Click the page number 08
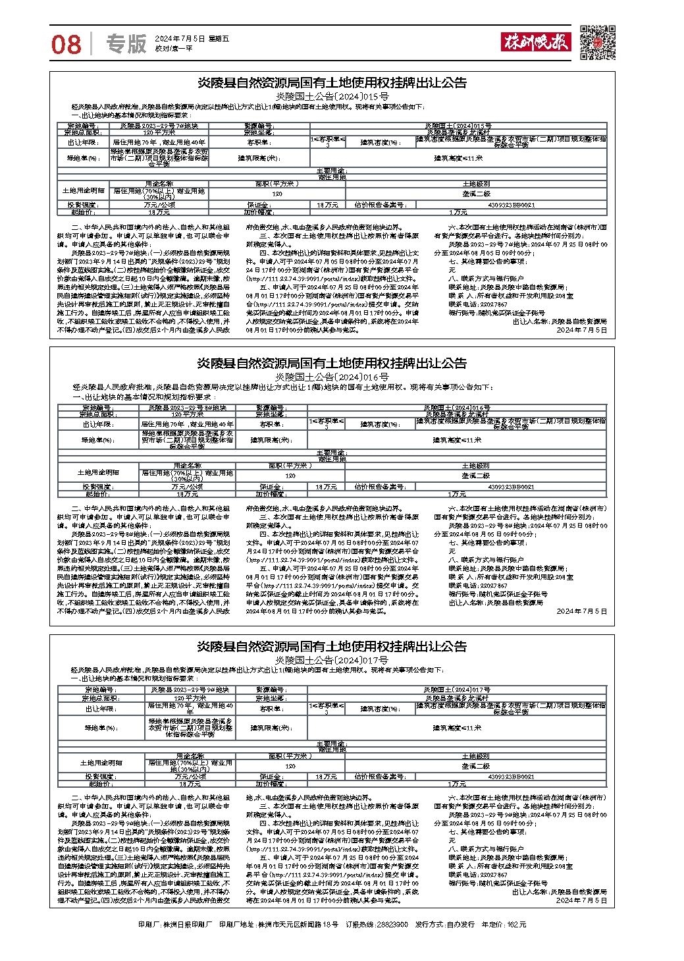pos(66,44)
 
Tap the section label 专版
pos(126,43)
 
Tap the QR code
pos(597,41)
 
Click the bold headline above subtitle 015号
pos(332,83)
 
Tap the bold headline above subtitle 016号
pos(332,364)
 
